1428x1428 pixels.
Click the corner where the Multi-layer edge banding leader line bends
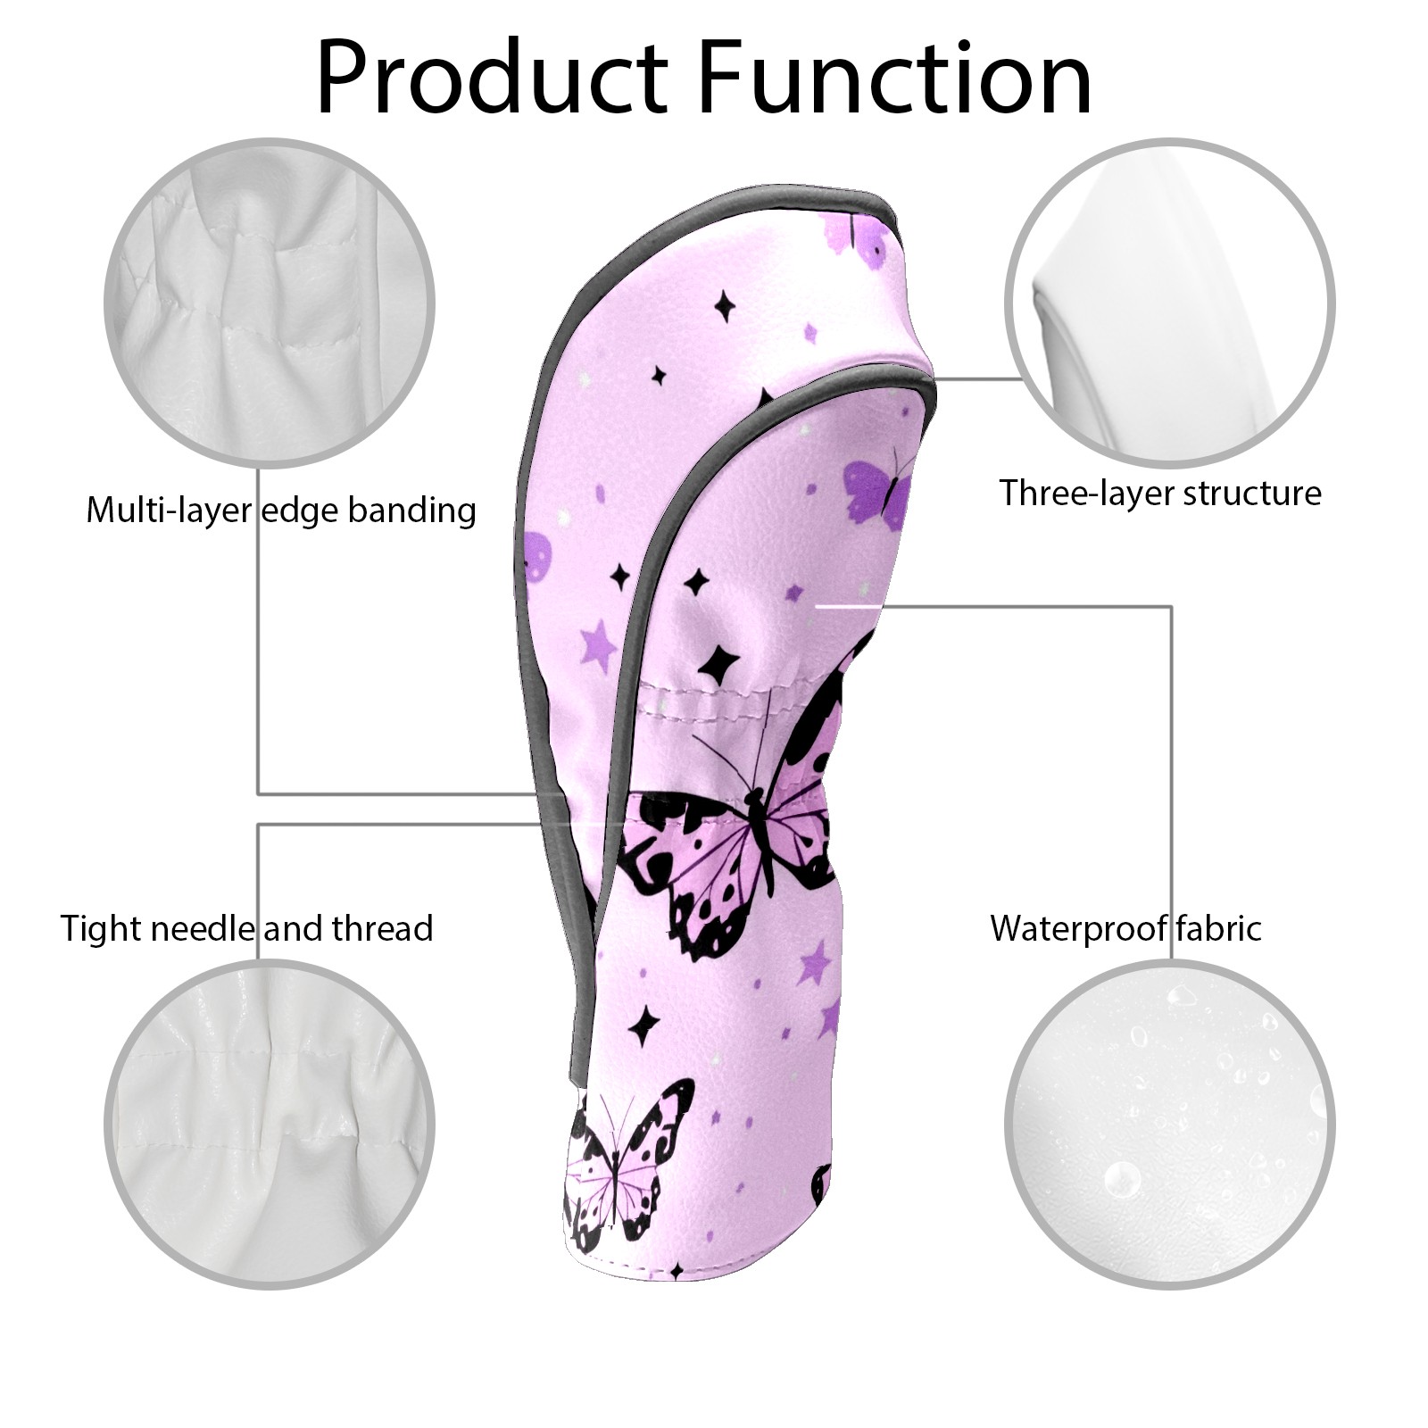tap(259, 793)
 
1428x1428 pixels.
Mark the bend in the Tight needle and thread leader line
tap(259, 825)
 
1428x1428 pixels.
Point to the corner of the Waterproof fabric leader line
tap(1171, 607)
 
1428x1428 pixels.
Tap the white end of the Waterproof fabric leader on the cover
tap(819, 607)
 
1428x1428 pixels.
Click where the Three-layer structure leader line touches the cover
tap(934, 378)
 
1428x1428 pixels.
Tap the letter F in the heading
tap(726, 79)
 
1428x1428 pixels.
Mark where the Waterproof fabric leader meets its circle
tap(1171, 961)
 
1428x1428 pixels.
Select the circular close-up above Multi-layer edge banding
tap(270, 303)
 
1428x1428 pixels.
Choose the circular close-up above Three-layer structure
tap(1170, 303)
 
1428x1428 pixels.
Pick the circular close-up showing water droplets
tap(1170, 1126)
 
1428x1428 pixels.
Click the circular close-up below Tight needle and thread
tap(270, 1126)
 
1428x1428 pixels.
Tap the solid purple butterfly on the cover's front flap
tap(878, 486)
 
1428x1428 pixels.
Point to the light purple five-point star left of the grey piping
tap(597, 646)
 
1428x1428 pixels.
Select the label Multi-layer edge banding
tap(281, 511)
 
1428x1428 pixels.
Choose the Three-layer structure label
tap(1160, 494)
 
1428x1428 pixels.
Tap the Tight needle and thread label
tap(246, 929)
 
